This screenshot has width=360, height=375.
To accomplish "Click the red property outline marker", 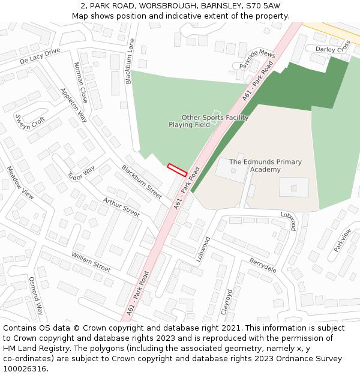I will pos(177,170).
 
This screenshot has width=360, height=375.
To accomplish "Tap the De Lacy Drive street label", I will pos(40,57).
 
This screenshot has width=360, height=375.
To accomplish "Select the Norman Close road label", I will pos(80,82).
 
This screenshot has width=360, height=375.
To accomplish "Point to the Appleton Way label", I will pos(74,106).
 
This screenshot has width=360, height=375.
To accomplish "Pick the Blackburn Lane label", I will pos(130,61).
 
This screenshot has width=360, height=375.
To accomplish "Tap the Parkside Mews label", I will pos(256,58).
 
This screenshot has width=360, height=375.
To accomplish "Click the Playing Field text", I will pos(189,125).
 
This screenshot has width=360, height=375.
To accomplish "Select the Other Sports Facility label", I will pos(215,118).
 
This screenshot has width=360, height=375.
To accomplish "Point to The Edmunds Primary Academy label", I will pos(265,166).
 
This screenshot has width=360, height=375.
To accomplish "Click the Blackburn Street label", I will pos(142,182).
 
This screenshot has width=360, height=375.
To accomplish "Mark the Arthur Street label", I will pos(121,207).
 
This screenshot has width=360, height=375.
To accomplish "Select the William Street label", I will pos(91,261).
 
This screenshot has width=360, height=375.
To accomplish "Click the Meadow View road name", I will pos(20,182).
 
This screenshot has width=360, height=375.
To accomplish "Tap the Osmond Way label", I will pos(36,296).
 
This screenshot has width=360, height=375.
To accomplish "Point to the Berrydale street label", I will pos(263,265).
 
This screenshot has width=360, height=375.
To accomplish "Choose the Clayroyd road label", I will pos(227,302).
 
